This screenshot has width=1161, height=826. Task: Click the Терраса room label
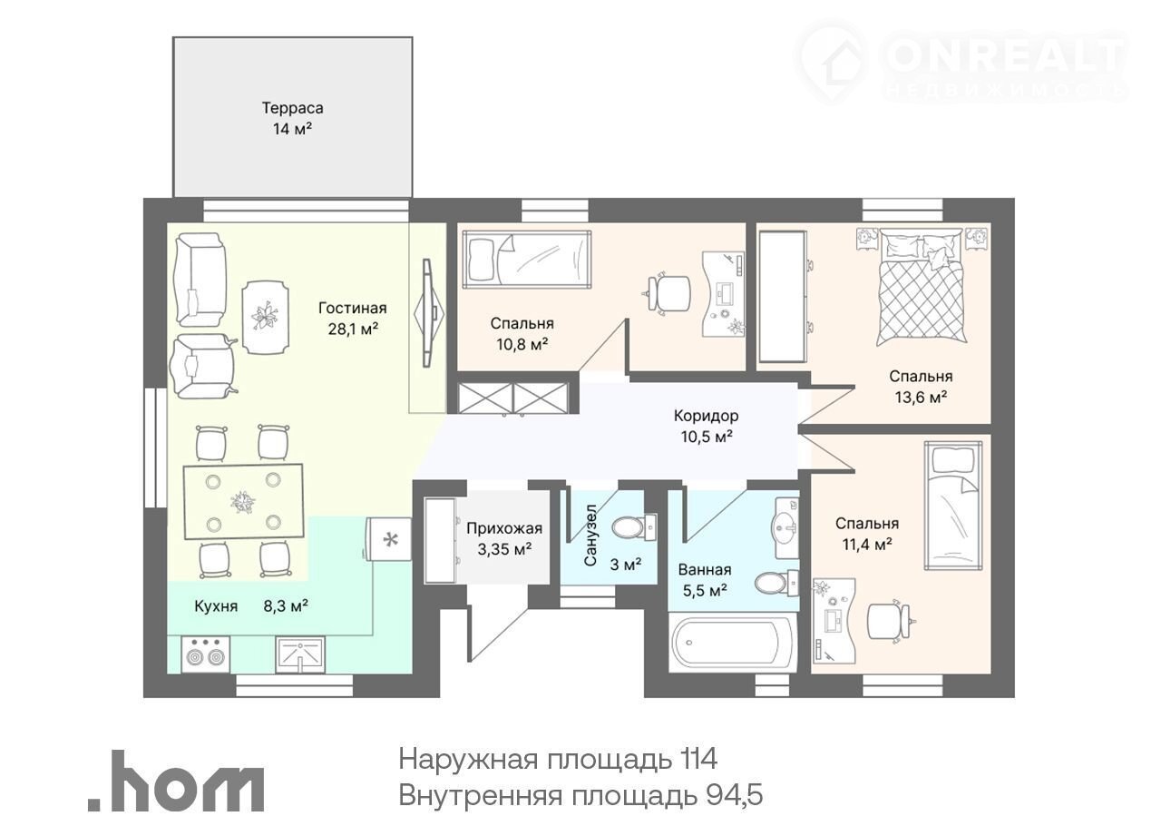pos(292,108)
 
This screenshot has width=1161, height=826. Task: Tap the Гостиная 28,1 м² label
pos(353,318)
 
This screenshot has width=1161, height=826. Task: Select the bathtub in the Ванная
pos(732,643)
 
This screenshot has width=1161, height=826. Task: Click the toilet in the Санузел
pos(634,528)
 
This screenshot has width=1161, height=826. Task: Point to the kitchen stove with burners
pos(206,654)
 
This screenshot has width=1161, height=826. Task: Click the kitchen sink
pos(300,654)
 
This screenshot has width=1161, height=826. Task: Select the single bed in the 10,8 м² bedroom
pos(527,259)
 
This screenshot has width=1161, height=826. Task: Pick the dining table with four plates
pos(243,502)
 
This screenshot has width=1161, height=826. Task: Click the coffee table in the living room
pos(267,318)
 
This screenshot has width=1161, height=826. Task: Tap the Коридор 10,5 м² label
pos(707,426)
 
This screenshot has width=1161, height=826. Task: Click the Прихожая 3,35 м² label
pos(504,538)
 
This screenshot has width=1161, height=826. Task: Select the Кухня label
pos(216,606)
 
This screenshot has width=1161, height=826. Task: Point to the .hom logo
pos(176,781)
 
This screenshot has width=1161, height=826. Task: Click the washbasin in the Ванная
pos(786,528)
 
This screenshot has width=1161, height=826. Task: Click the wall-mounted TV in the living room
pos(428,313)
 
